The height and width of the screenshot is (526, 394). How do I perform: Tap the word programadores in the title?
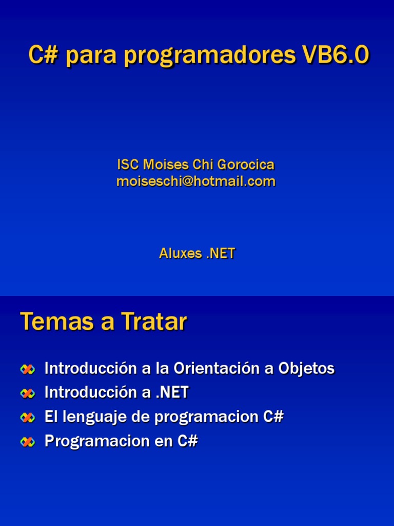click(x=210, y=57)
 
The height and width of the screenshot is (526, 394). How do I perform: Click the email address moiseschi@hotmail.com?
click(x=196, y=181)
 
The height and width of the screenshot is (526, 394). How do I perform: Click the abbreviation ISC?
click(x=127, y=165)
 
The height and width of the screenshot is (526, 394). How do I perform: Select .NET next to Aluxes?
click(x=221, y=253)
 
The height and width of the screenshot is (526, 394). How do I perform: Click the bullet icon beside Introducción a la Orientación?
click(x=28, y=369)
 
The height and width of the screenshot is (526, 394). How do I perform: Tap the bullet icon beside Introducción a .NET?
click(x=28, y=393)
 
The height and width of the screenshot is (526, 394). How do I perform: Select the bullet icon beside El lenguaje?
click(x=28, y=418)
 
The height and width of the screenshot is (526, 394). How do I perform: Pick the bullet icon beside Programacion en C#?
click(x=28, y=442)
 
